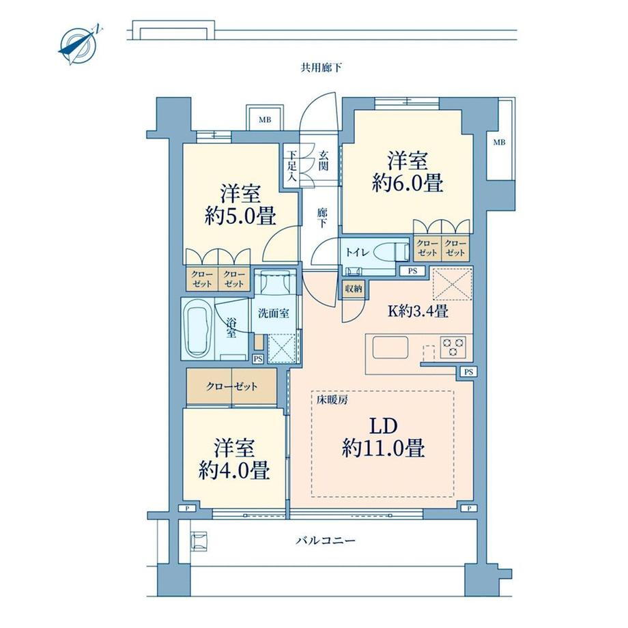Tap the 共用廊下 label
[322, 68]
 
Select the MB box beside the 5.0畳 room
[265, 119]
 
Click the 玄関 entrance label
[323, 160]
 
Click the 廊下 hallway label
[322, 218]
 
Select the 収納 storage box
[354, 288]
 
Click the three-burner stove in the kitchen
[453, 346]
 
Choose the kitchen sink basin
[390, 347]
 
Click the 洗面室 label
[274, 313]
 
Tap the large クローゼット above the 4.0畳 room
[232, 386]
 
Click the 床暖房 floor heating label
[332, 400]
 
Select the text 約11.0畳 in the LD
[383, 448]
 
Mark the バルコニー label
[326, 541]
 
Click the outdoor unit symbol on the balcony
[199, 541]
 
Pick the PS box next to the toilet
[412, 271]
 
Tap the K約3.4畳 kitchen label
[418, 311]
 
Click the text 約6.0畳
[408, 184]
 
